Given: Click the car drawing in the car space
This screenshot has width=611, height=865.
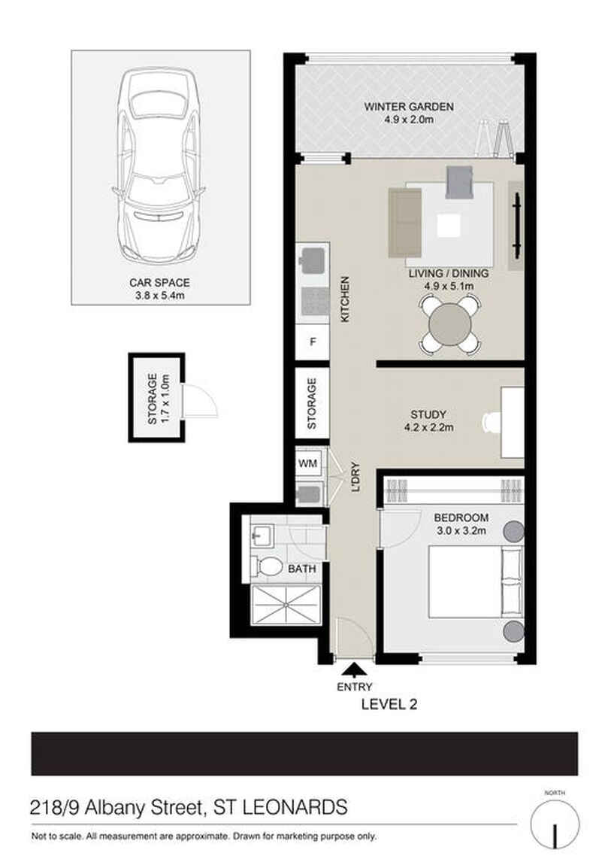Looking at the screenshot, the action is coord(159,165).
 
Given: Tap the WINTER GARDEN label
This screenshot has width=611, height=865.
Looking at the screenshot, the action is coord(409,107).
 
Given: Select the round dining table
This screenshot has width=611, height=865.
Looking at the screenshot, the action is coord(451,325).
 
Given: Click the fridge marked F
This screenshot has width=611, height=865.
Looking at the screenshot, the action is coord(313,342).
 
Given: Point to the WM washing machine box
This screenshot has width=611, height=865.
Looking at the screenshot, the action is coord(308,463).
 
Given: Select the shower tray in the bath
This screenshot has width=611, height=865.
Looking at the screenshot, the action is coord(286,605).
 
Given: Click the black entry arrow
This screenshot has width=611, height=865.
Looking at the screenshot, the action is coord(354,669).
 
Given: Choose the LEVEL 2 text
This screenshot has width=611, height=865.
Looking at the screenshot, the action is coord(389,704).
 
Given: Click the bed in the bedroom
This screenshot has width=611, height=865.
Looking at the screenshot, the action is coord(476,581).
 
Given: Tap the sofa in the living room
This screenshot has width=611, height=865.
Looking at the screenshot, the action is coord(405,223).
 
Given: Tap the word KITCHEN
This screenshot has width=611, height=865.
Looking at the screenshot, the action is coord(346,299).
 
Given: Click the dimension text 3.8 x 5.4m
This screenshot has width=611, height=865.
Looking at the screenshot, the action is coord(160,296).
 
